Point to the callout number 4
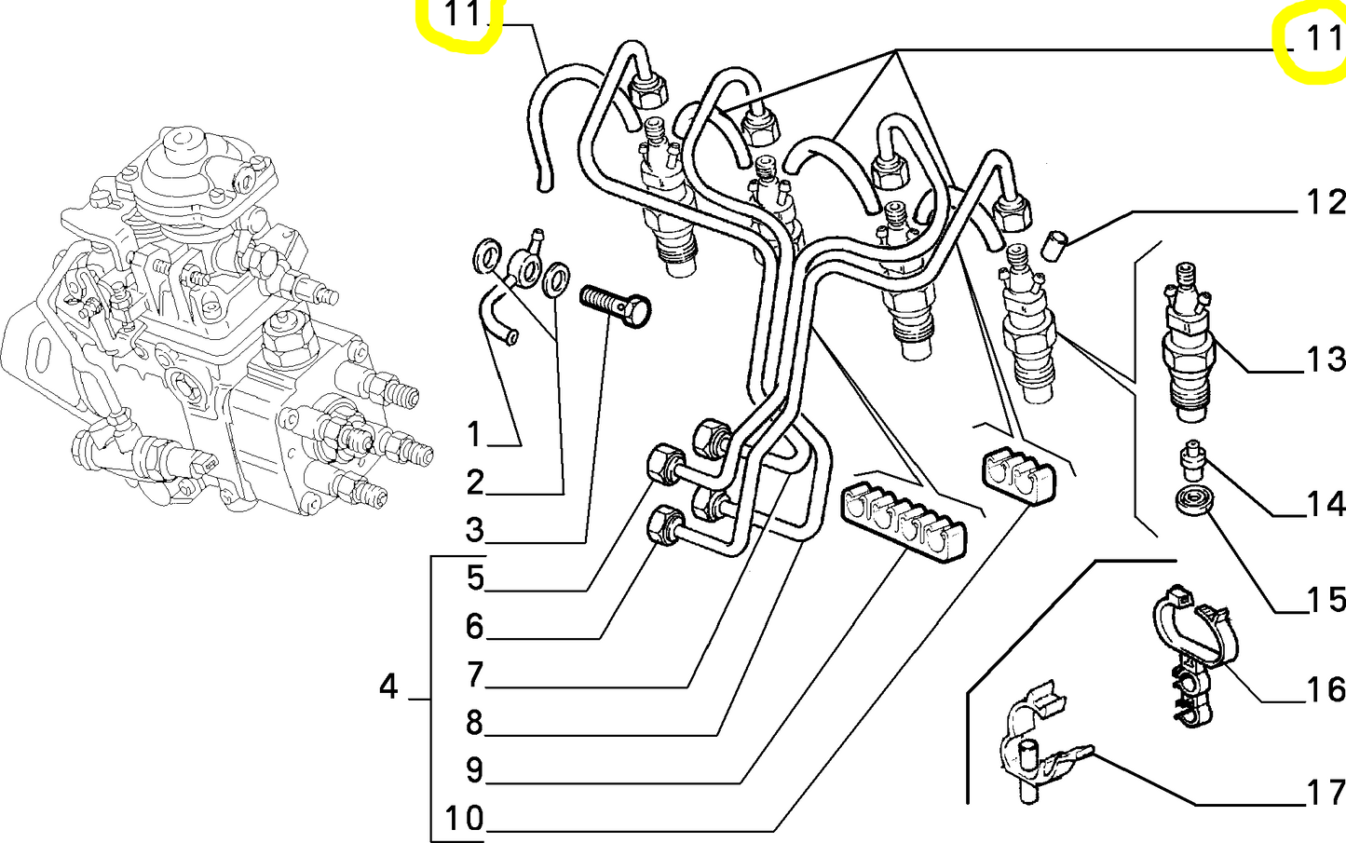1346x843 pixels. pos(388,687)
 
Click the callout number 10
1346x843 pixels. pos(464,819)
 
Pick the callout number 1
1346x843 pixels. pos(474,434)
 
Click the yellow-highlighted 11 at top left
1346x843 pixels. pos(463,15)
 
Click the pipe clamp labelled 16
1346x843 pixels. pos(1189,652)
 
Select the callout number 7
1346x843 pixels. pos(475,673)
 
